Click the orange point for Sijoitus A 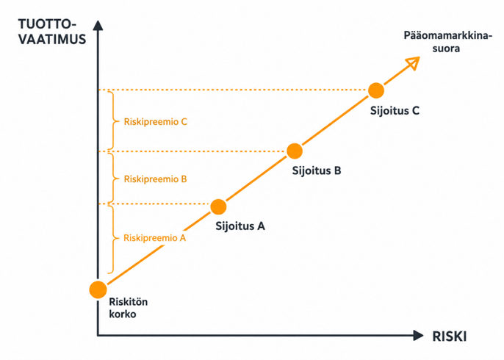218,206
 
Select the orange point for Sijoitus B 295,151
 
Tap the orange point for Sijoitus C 375,90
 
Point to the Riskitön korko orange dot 98,289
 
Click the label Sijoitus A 240,226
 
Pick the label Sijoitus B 316,170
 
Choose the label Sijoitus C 395,110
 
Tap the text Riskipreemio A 154,238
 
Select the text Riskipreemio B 155,179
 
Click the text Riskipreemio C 156,122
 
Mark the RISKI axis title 450,336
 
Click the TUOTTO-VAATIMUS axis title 52,32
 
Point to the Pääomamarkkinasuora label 447,42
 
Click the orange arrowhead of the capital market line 413,62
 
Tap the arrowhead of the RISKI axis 418,336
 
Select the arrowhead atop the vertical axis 98,25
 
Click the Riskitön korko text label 129,308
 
